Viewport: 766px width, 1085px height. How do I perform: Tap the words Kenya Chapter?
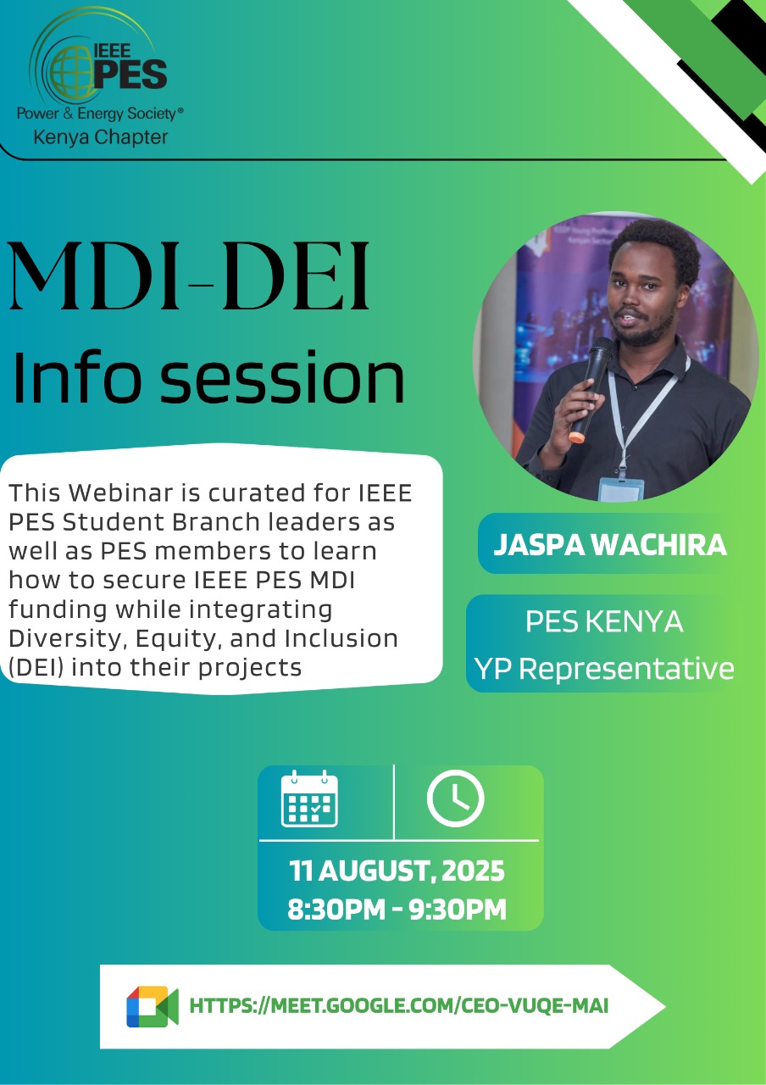[x=101, y=137]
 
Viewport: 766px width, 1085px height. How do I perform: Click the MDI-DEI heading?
[x=190, y=276]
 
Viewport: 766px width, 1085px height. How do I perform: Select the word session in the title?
[x=282, y=378]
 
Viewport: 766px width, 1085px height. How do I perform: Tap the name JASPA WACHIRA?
[x=610, y=544]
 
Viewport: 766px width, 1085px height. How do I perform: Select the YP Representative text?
[x=604, y=669]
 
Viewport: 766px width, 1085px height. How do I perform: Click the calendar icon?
[x=309, y=798]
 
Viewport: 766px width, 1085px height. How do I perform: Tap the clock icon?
[x=455, y=798]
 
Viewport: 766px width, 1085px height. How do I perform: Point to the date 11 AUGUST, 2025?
[x=397, y=871]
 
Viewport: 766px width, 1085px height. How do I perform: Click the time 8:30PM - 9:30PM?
[x=397, y=909]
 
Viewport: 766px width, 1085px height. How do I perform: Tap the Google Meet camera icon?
[x=153, y=1006]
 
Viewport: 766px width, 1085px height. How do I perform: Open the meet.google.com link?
[x=398, y=1006]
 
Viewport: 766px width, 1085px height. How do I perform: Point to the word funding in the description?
[x=57, y=609]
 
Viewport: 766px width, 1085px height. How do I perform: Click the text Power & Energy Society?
[x=97, y=114]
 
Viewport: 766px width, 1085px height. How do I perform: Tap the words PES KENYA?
[x=604, y=621]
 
